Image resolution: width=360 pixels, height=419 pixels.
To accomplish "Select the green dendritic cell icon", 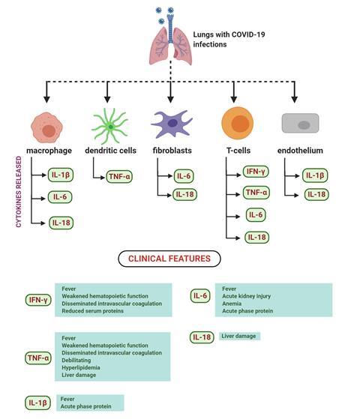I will point(107,124).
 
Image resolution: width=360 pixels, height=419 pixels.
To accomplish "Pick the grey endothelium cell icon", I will point(300,123).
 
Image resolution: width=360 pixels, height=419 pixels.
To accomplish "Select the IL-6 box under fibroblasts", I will point(183,176).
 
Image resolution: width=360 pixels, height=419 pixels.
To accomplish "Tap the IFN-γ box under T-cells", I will point(256,172).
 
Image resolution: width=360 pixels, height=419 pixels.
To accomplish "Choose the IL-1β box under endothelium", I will point(315,176).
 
